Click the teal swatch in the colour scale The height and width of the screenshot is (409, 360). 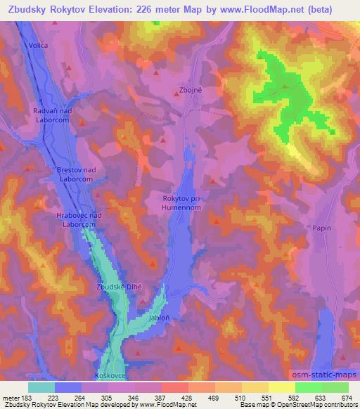point(41,387)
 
